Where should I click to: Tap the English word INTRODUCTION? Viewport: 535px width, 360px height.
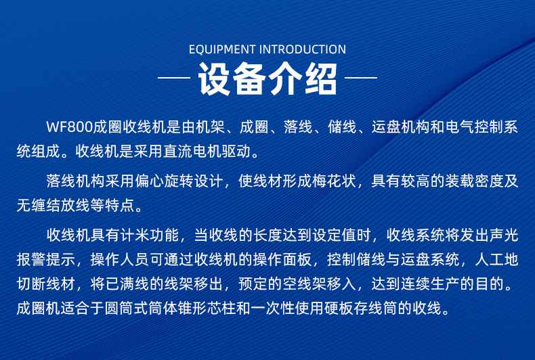pos(303,49)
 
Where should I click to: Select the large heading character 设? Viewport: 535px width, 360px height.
pos(215,78)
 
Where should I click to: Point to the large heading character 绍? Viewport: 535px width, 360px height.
pos(321,78)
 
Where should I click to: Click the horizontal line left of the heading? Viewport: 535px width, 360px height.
pos(174,78)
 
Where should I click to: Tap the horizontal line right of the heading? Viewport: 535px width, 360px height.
pos(361,78)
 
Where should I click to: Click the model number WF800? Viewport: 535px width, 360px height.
pos(70,127)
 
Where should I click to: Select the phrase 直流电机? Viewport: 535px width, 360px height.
pos(192,152)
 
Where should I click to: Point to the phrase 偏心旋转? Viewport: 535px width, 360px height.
pos(164,181)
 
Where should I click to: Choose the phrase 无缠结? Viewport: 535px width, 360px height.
pos(39,205)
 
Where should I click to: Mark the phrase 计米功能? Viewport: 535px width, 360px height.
pos(150,235)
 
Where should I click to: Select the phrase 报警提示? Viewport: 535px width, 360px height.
pos(46,259)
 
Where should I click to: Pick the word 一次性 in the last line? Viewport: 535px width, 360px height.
pos(273,308)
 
